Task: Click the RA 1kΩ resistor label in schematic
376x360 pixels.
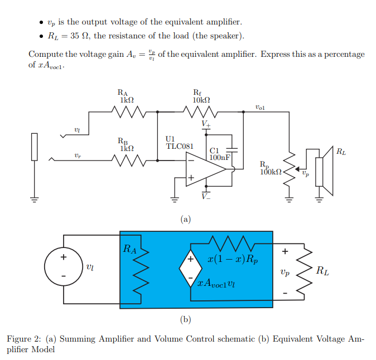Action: pyautogui.click(x=126, y=96)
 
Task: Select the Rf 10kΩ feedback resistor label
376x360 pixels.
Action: pyautogui.click(x=200, y=96)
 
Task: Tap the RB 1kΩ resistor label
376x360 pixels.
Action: pyautogui.click(x=126, y=145)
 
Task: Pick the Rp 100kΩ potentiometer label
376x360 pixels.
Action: pyautogui.click(x=270, y=168)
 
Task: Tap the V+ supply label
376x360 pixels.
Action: pyautogui.click(x=206, y=123)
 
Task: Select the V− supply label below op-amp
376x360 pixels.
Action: pyautogui.click(x=206, y=196)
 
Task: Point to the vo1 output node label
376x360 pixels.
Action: pyautogui.click(x=259, y=106)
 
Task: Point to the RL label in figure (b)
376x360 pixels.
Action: pyautogui.click(x=322, y=271)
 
